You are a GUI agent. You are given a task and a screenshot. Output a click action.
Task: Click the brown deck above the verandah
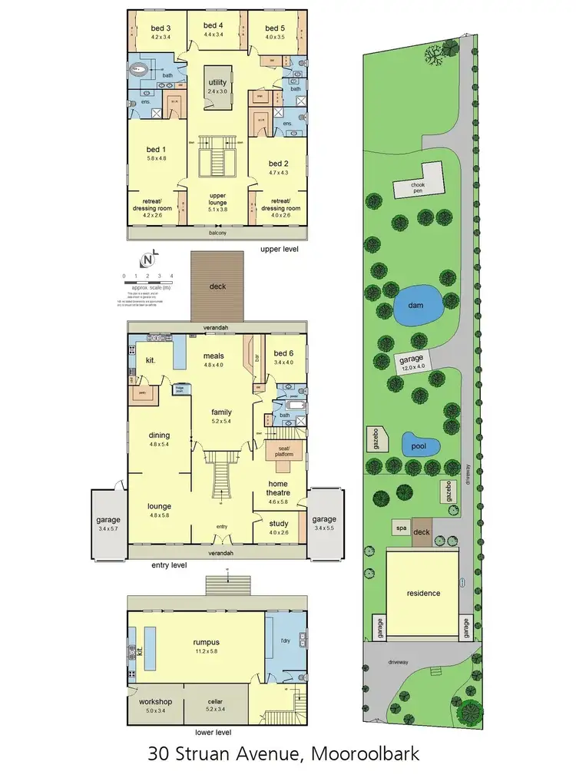(x=219, y=286)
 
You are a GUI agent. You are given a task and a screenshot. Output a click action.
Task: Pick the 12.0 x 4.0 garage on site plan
(x=412, y=363)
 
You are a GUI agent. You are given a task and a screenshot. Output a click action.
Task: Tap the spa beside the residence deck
(x=400, y=528)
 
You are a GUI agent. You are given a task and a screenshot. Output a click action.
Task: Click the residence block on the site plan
(x=422, y=593)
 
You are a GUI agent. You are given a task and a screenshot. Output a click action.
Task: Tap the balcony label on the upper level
(x=219, y=231)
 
